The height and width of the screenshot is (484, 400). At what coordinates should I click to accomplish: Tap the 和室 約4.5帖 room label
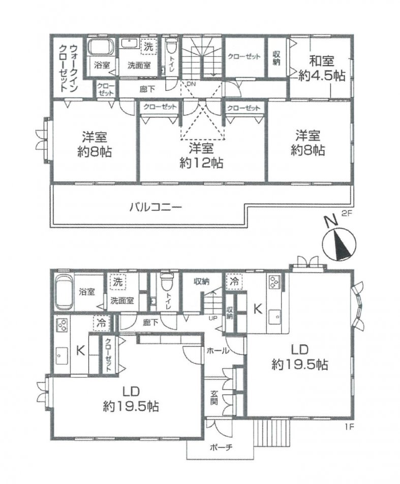pos(322,68)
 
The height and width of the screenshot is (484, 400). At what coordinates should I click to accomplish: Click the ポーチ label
pos(220,446)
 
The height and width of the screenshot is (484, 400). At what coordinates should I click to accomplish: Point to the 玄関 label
pos(214,397)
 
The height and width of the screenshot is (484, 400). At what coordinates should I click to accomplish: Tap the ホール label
pos(218,350)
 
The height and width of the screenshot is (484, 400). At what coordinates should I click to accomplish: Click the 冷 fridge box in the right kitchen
pos(234,281)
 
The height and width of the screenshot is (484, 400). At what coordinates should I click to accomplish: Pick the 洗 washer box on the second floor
pos(148,47)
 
